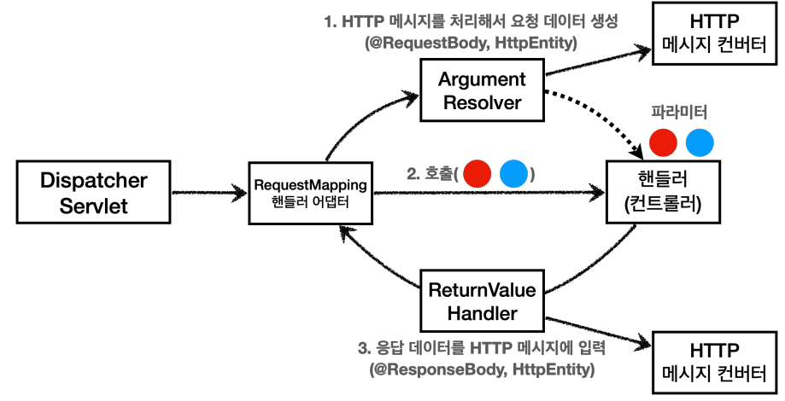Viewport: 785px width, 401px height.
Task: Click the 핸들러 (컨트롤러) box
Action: [659, 194]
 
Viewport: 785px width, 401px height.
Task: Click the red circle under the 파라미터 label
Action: [663, 142]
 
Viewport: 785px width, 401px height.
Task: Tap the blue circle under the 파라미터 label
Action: [699, 142]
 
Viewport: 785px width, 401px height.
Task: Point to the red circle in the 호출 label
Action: [478, 176]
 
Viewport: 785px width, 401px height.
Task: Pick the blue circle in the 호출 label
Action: [513, 176]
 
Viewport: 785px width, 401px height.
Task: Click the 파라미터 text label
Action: [680, 113]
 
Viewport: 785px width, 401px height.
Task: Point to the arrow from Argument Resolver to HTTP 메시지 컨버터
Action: [598, 61]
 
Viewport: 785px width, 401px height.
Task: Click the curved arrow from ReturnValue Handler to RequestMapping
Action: [376, 273]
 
